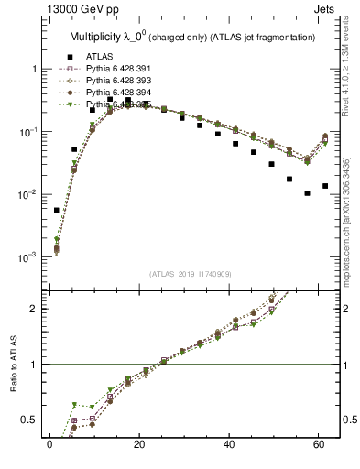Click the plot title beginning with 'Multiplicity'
click(192, 37)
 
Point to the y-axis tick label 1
click(34, 70)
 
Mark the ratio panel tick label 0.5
click(29, 420)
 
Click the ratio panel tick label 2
click(34, 309)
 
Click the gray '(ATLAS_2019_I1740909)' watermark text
click(191, 274)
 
